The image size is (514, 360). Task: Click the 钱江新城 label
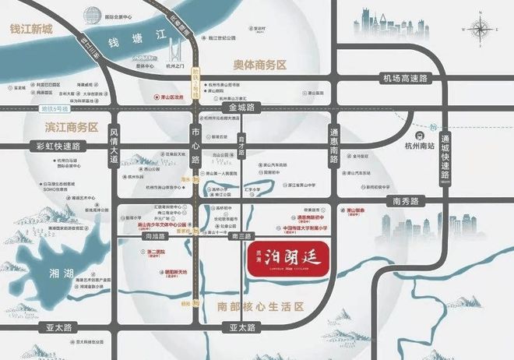30,30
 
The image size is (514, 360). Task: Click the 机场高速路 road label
406,79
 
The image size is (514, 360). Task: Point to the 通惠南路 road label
334,145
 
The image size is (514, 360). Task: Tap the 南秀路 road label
406,200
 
